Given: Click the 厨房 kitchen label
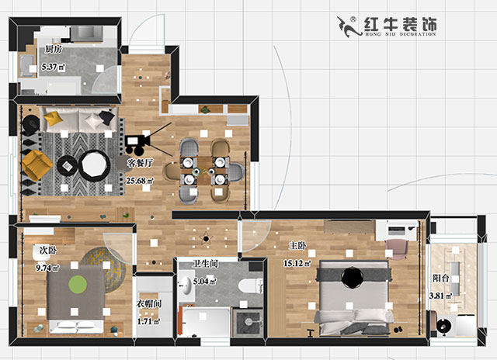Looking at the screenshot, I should point(53,49).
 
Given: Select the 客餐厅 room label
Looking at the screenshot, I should point(140,164).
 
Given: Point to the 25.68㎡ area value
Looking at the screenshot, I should point(140,181).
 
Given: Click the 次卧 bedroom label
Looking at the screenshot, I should point(48,251).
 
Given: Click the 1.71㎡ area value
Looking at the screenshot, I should point(148,320).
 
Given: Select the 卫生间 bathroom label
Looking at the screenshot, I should point(206,265).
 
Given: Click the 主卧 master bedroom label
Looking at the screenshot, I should point(297,246).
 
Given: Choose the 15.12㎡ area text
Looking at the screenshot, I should point(297,263).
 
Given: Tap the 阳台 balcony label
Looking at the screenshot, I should point(440,278).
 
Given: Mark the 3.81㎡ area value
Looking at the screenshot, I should point(443,296).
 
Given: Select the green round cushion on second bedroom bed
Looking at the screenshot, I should point(77,284).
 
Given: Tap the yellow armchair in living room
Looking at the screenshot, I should point(35,164).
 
